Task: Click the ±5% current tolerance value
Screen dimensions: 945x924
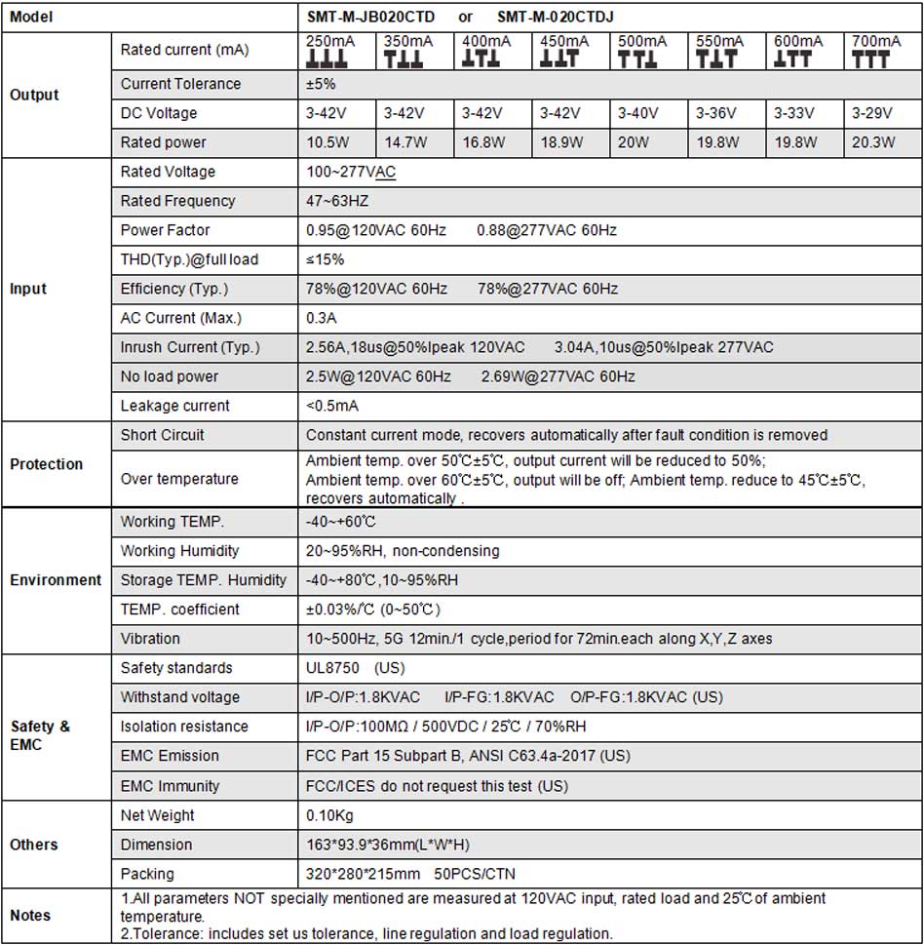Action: (x=322, y=84)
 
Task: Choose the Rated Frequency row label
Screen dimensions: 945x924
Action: (x=177, y=201)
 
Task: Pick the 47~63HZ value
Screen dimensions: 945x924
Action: (x=337, y=201)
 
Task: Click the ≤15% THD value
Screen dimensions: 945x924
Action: (x=325, y=259)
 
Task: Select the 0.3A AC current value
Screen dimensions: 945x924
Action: (x=323, y=318)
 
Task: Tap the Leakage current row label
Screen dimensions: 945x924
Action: (x=175, y=406)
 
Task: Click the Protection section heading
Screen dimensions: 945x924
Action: (x=46, y=464)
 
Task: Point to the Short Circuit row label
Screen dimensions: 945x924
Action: (x=163, y=435)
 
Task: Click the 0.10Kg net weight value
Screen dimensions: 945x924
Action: (x=330, y=815)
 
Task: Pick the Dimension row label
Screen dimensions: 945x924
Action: (x=156, y=845)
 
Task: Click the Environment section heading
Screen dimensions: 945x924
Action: (x=56, y=580)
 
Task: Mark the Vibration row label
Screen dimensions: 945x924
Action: (x=150, y=639)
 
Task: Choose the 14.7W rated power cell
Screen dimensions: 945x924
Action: (x=405, y=142)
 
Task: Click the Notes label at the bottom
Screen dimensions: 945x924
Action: (x=30, y=916)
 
